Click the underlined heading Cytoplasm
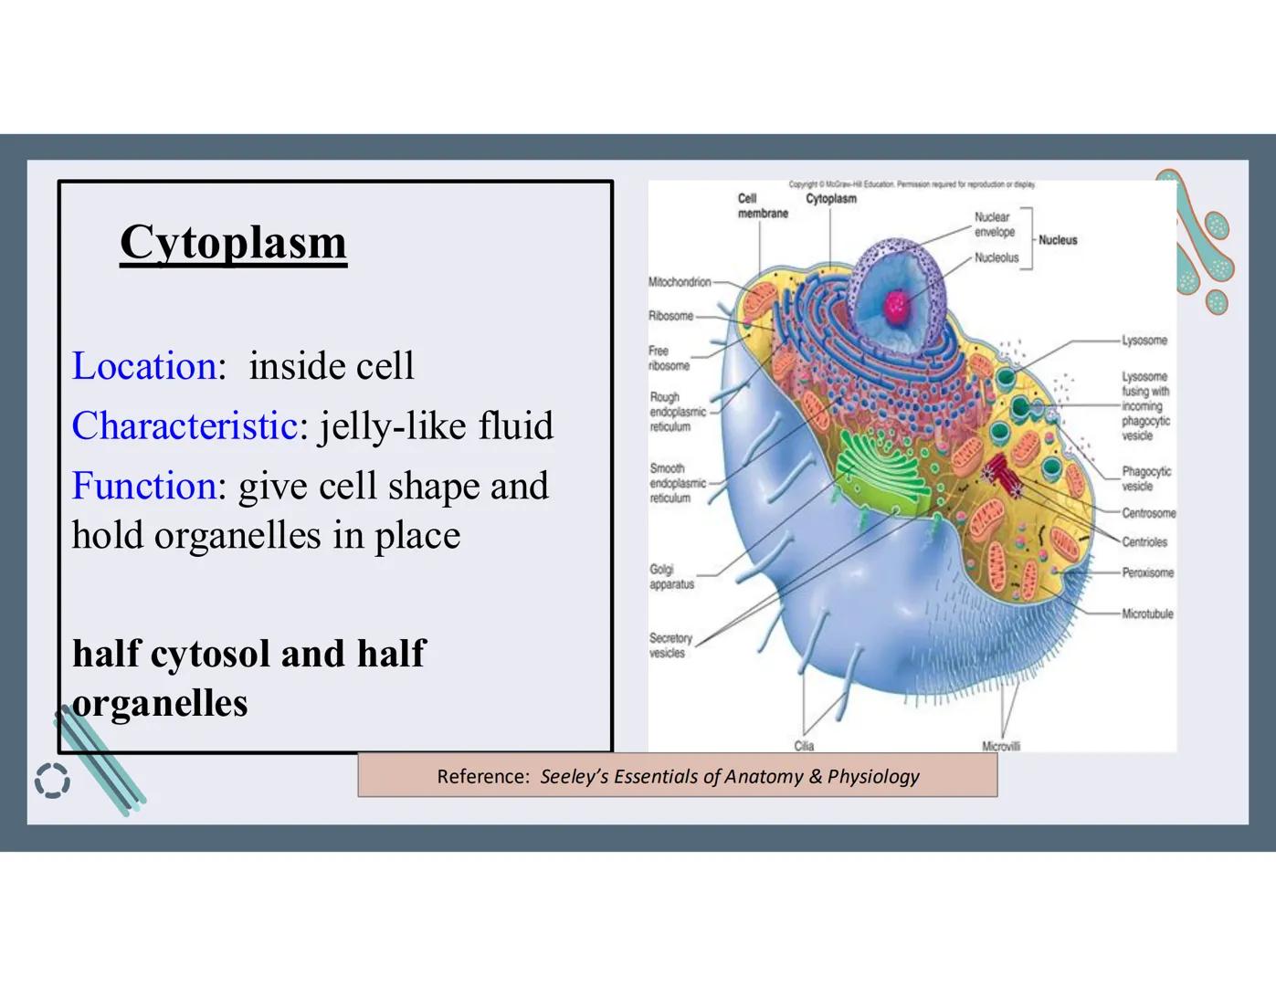[x=233, y=243]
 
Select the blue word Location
[x=144, y=366]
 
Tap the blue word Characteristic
[x=184, y=426]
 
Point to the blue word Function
[x=144, y=486]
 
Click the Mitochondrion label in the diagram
[x=680, y=282]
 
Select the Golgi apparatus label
[x=671, y=577]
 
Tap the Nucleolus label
[x=996, y=258]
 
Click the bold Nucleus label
[x=1058, y=240]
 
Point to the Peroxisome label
[x=1147, y=573]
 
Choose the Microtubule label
[x=1147, y=614]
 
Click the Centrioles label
[x=1144, y=542]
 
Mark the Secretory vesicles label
[x=670, y=645]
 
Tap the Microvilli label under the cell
[x=1000, y=747]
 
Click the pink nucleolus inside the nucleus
[x=896, y=306]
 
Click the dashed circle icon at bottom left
[x=52, y=781]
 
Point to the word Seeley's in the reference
[x=574, y=777]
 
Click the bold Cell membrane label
[x=762, y=206]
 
